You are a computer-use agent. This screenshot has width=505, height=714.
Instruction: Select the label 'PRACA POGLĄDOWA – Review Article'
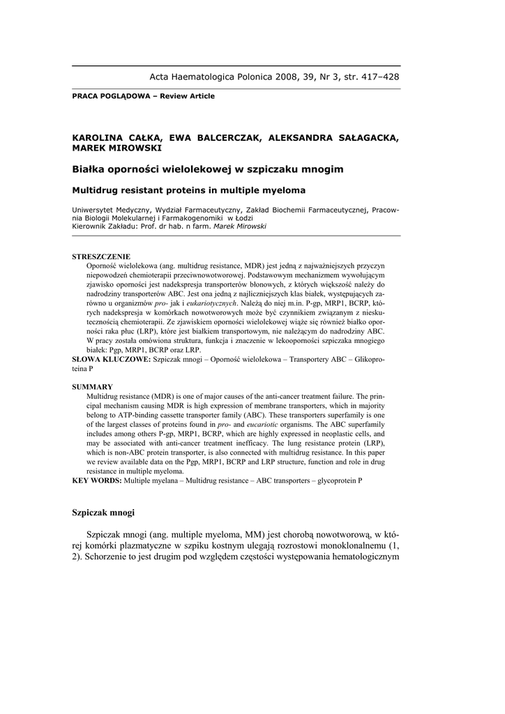coord(143,96)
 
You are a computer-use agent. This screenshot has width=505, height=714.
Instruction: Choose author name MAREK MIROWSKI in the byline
coord(117,148)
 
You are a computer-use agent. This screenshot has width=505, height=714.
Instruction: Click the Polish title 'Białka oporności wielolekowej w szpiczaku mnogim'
coord(207,169)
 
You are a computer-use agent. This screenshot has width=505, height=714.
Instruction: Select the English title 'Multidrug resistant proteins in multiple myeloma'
coord(189,190)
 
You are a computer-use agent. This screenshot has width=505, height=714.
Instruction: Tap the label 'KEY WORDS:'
coord(97,480)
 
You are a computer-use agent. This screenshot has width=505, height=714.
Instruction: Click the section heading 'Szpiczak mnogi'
coord(103,512)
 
